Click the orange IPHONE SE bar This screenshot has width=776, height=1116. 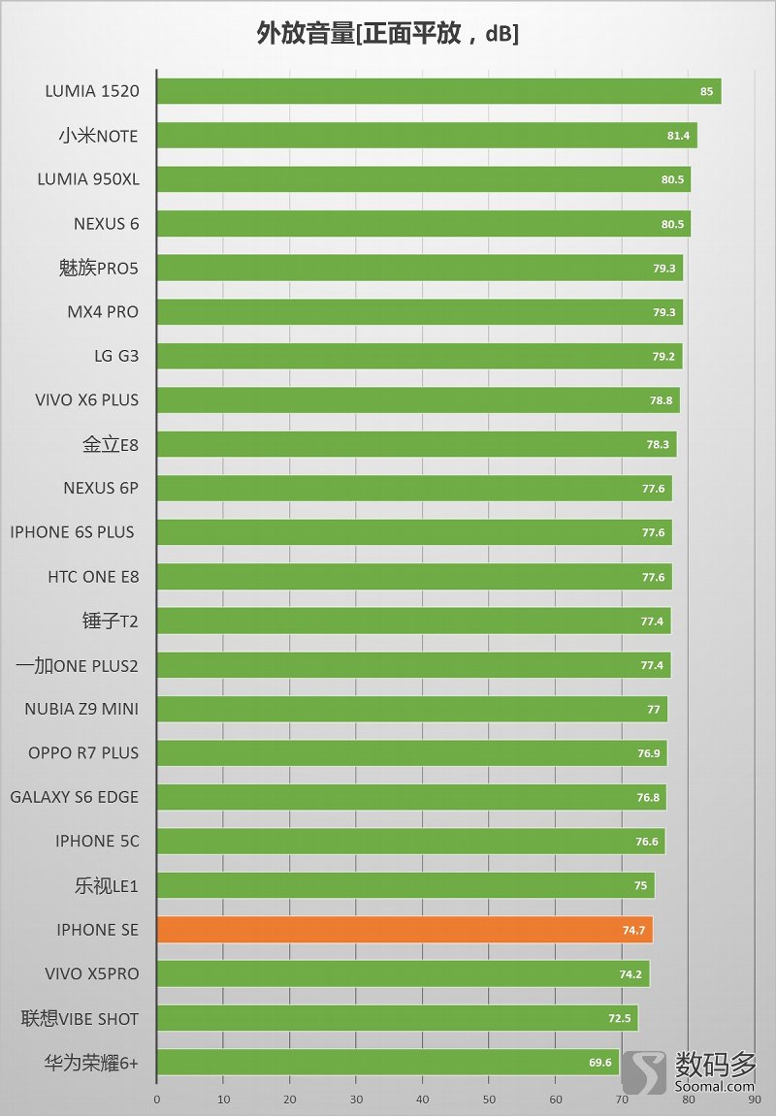click(x=404, y=930)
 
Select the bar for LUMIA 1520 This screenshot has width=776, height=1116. click(x=438, y=91)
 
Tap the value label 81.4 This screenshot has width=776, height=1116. click(x=678, y=136)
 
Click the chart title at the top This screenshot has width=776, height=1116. click(x=388, y=35)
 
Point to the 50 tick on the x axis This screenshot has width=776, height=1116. click(x=489, y=1100)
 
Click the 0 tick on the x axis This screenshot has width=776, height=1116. click(x=157, y=1100)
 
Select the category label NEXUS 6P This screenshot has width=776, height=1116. click(x=101, y=488)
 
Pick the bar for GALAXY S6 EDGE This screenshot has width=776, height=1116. click(x=411, y=797)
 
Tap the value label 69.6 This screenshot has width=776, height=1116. click(x=600, y=1063)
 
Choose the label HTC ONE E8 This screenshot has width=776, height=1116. click(x=93, y=577)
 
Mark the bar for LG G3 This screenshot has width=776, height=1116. click(x=419, y=356)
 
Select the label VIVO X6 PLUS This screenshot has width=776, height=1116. click(x=86, y=399)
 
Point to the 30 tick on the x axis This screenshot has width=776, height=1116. click(x=356, y=1100)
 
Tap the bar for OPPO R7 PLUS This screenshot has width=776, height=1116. click(x=411, y=753)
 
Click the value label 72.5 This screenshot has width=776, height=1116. click(x=619, y=1019)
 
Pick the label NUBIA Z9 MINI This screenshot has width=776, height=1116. click(x=81, y=709)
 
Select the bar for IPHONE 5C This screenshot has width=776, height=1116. click(x=410, y=842)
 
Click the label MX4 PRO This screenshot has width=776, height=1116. click(x=103, y=311)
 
